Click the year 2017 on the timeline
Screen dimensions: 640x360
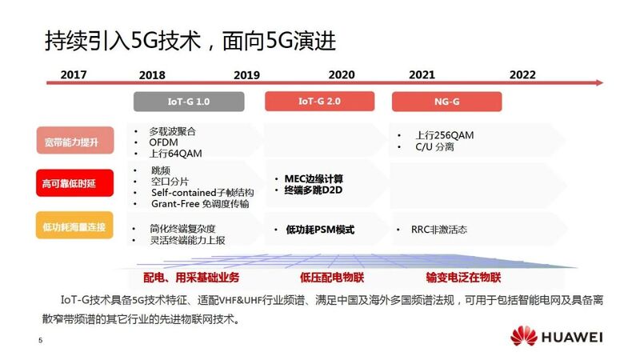(x=74, y=74)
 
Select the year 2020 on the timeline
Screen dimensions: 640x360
(x=342, y=74)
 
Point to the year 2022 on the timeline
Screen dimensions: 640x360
(x=522, y=74)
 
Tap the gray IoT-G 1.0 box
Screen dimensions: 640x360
(x=189, y=102)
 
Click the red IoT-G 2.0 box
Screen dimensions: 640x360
(x=319, y=102)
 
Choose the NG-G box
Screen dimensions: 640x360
(x=447, y=102)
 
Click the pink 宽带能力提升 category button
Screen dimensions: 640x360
(x=75, y=141)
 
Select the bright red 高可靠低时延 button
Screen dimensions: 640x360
(x=74, y=183)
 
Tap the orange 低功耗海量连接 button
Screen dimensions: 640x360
(x=74, y=226)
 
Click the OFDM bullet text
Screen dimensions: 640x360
(x=163, y=142)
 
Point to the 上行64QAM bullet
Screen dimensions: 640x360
(x=175, y=154)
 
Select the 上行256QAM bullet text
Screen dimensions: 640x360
(x=445, y=135)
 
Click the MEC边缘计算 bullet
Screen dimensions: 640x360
(x=314, y=178)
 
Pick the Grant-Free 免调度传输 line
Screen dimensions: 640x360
(x=200, y=204)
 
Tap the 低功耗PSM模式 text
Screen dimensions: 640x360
(x=320, y=230)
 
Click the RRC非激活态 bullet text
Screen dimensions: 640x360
(x=439, y=230)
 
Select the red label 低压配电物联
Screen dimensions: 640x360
(x=332, y=278)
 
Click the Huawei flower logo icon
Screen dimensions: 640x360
(x=524, y=335)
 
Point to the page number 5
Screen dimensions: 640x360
(x=41, y=340)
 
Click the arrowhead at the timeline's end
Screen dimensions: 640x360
(x=599, y=83)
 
